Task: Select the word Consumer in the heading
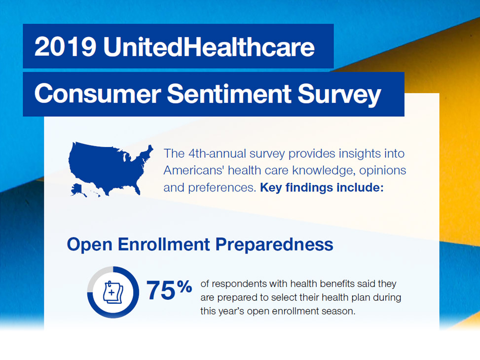[96, 94]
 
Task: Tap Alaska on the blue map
[78, 189]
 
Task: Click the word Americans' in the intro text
[193, 171]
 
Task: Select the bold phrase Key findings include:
[322, 188]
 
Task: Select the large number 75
[160, 291]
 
